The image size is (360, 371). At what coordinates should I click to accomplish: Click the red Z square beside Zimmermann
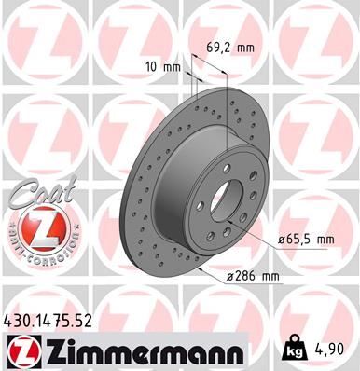(x=22, y=350)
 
